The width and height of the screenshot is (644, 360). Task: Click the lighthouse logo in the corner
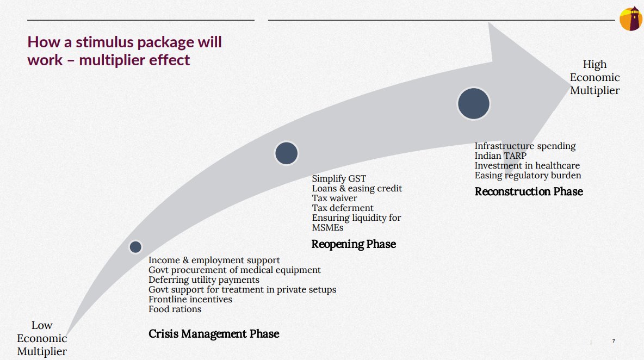631,19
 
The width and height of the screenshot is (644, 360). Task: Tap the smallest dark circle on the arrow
135,247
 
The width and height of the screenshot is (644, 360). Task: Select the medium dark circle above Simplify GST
286,153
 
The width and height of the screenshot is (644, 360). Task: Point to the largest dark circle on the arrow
473,103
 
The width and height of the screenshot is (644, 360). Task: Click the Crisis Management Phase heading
214,333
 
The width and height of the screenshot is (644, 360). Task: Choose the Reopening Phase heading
354,244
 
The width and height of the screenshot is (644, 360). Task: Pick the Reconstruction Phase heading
529,191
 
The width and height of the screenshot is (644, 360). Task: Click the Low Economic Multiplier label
42,338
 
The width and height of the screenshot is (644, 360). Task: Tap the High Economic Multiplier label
595,77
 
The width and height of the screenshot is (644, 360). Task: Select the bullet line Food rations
175,309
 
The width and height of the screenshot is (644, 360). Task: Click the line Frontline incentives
190,299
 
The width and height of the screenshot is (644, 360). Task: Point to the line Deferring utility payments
203,280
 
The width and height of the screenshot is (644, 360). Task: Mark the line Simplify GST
339,178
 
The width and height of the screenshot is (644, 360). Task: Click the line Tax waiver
335,198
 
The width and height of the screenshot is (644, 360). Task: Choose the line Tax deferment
343,208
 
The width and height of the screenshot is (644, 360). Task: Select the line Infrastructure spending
525,146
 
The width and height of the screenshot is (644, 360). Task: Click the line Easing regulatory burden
528,175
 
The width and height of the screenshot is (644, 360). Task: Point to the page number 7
614,341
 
